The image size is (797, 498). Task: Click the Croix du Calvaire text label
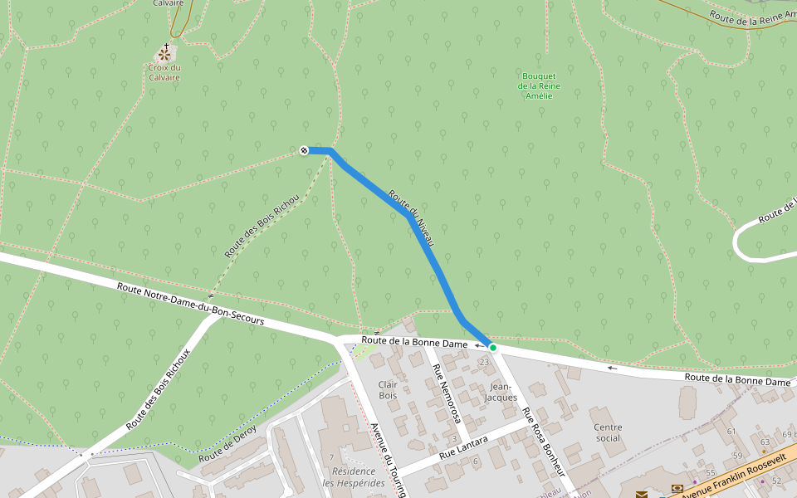coord(164,73)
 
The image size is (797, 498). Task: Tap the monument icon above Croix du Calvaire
coord(165,56)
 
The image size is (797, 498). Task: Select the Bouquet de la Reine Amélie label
coord(539,85)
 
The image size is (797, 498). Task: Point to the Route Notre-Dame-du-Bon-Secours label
coord(190,304)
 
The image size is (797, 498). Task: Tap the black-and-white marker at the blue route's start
coord(305,150)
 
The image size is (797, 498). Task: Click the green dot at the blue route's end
coord(492,348)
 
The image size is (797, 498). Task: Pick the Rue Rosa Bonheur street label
coord(543,447)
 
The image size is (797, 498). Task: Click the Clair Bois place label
coord(388,389)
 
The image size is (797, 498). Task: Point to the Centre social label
coord(608,432)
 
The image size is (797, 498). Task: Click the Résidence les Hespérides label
coord(354,477)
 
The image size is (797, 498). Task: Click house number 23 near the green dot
coord(485,361)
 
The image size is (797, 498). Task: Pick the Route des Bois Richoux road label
coord(159,388)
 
